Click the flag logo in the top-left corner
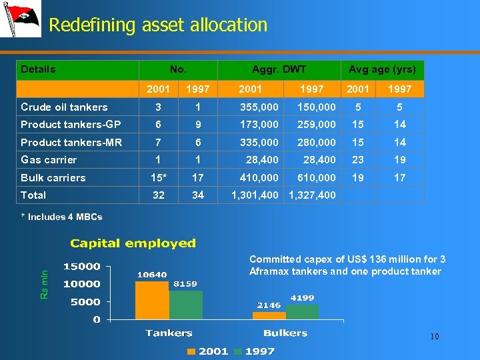click(21, 19)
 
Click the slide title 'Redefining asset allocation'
click(158, 25)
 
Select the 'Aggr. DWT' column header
click(279, 69)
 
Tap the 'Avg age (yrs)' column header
click(382, 69)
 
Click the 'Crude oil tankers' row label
click(64, 107)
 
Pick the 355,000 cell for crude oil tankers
click(259, 107)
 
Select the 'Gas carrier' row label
click(49, 160)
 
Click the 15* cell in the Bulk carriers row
click(157, 178)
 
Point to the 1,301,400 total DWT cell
click(255, 195)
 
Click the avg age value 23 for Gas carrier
click(358, 160)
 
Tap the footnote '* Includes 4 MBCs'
click(61, 217)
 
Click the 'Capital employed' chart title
click(133, 243)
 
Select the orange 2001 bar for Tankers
click(152, 300)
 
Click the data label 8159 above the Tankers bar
click(185, 284)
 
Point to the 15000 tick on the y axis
click(81, 267)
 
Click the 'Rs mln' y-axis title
click(45, 284)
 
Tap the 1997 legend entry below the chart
click(253, 351)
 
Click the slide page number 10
click(434, 337)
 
